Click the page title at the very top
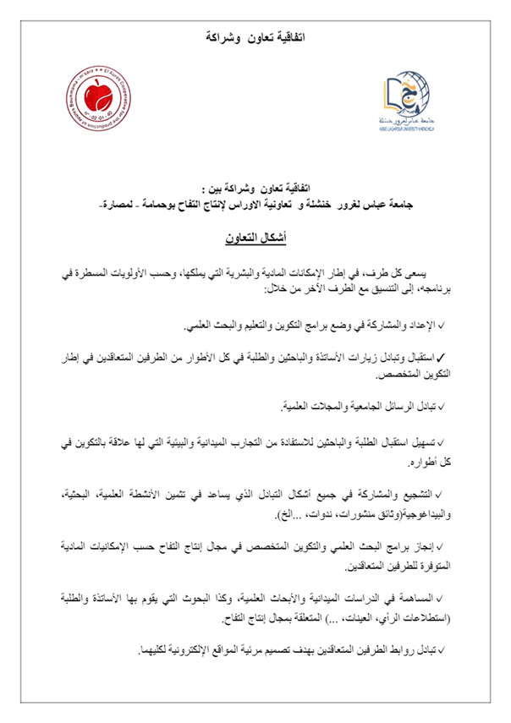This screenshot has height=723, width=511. [x=256, y=38]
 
